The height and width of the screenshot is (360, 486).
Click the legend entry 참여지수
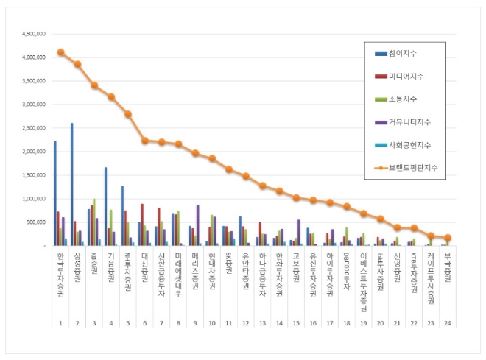pos(412,52)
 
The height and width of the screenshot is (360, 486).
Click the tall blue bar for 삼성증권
pos(71,184)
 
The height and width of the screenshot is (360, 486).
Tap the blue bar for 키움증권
pos(105,206)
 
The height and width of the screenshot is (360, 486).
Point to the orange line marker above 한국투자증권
pos(60,52)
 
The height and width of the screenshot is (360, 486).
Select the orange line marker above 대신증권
pos(145,140)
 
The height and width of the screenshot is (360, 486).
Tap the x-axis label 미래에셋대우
pos(178,272)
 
